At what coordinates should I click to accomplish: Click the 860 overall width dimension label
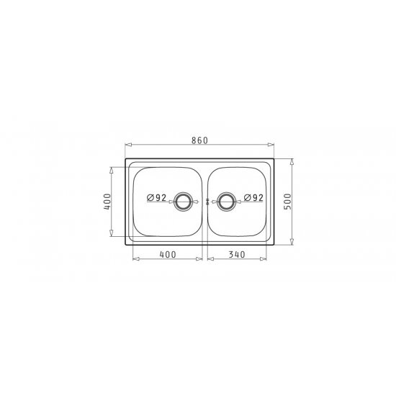199,140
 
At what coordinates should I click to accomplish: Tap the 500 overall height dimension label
288,202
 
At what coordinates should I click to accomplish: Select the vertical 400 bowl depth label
107,202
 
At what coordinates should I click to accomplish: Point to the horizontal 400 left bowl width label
168,254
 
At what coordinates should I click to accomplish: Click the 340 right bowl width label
237,254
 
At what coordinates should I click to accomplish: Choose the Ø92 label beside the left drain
156,198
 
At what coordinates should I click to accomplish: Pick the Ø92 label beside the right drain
253,198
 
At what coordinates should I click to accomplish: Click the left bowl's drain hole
183,202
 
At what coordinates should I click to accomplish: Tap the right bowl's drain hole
226,202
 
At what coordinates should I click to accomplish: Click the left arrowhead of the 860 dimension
129,145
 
